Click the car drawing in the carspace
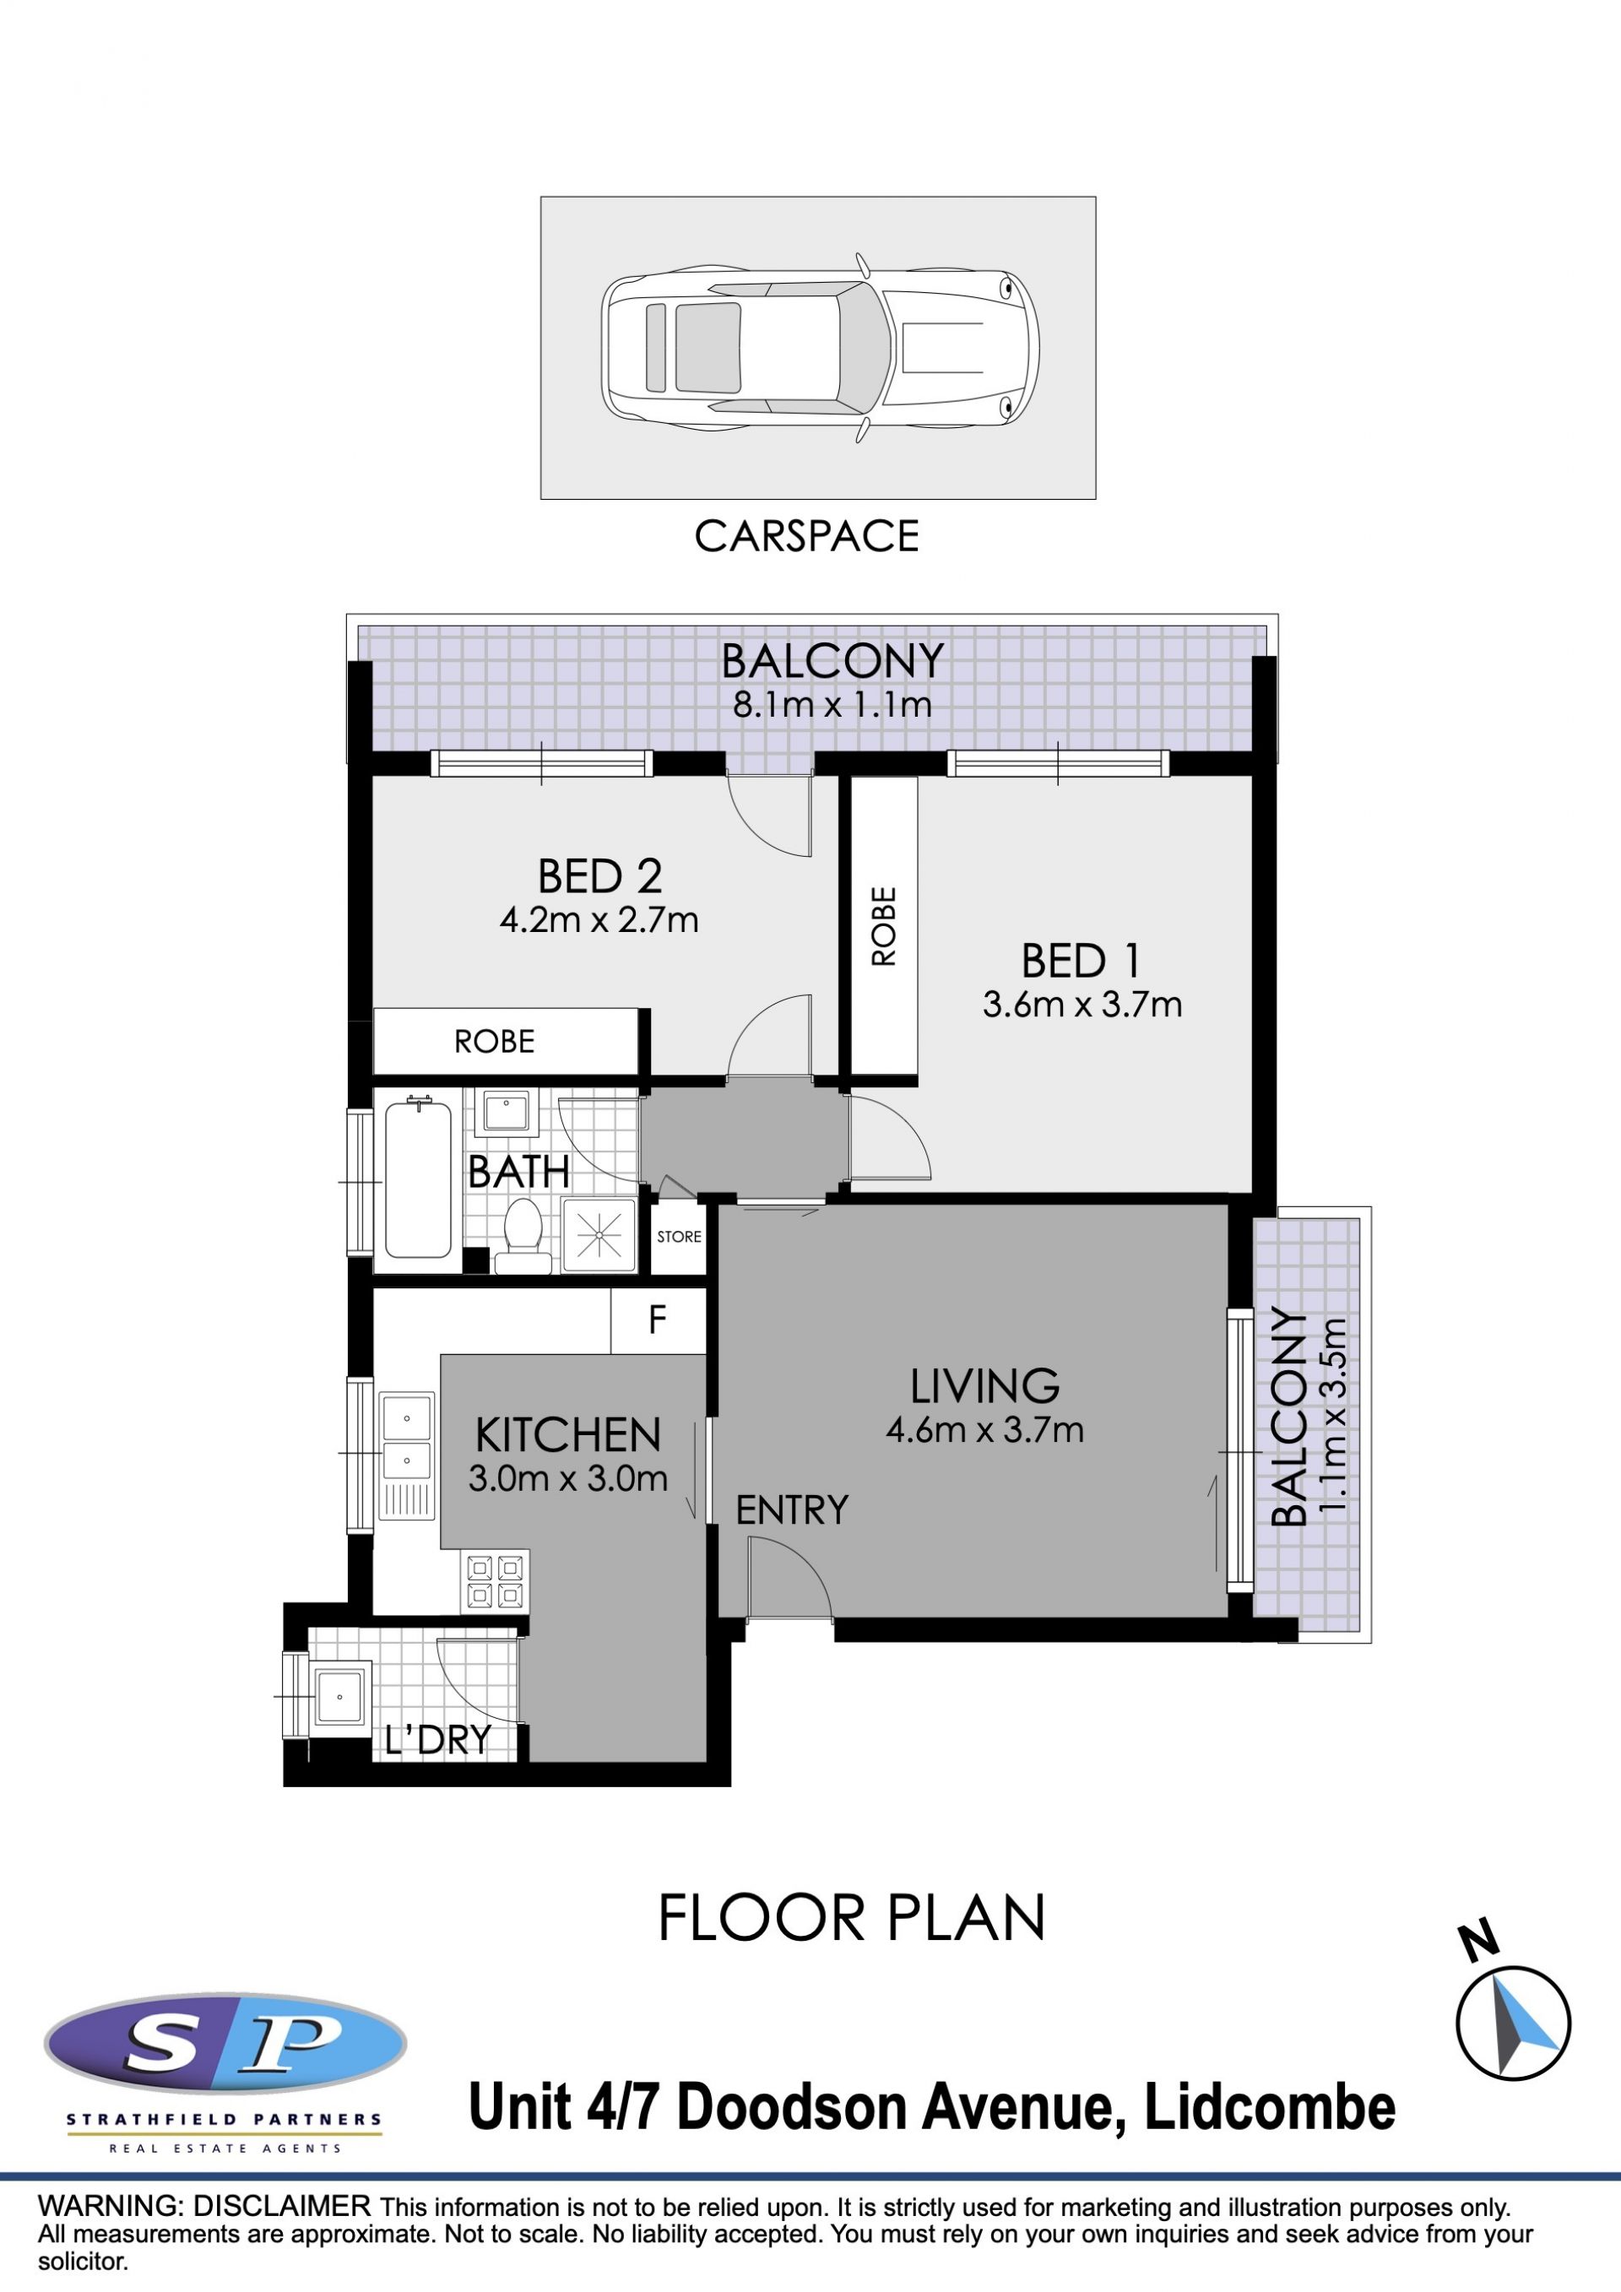(x=820, y=348)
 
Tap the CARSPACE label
(x=806, y=536)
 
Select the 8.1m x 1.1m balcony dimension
(x=832, y=705)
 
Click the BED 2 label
(x=600, y=876)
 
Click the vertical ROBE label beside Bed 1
(x=884, y=925)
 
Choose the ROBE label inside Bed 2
(x=494, y=1043)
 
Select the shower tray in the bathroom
(x=599, y=1235)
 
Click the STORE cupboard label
(x=679, y=1237)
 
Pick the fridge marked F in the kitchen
(x=658, y=1319)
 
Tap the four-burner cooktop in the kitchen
(x=495, y=1581)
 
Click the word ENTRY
(x=792, y=1510)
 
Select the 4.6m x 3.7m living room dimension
(x=984, y=1429)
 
